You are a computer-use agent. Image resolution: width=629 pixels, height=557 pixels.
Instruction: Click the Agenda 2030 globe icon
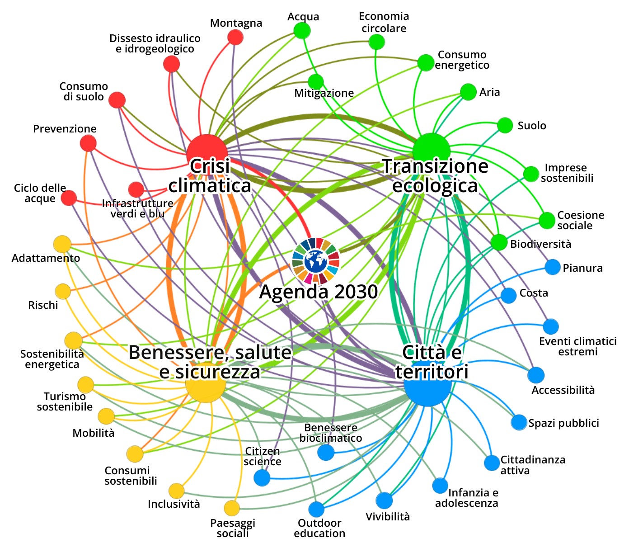(316, 260)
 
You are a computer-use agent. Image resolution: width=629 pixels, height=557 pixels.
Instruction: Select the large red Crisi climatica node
(207, 154)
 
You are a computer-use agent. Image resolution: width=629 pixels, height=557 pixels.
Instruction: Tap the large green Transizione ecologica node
(431, 151)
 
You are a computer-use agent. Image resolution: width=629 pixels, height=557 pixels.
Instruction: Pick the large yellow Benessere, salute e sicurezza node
(206, 382)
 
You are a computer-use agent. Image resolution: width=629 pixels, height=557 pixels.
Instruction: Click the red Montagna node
(235, 38)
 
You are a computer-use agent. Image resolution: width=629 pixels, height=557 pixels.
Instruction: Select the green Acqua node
(302, 31)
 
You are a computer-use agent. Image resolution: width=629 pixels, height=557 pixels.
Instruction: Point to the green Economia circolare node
(376, 42)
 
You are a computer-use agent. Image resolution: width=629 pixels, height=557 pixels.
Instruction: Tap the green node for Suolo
(505, 126)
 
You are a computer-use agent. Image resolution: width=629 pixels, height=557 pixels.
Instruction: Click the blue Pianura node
(553, 267)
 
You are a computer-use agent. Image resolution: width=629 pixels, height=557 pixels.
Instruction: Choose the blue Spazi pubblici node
(519, 422)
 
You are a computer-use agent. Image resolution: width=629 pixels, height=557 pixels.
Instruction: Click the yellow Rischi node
(63, 292)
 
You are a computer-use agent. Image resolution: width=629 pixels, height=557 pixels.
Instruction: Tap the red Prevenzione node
(88, 143)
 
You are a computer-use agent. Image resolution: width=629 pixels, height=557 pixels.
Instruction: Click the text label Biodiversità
(540, 244)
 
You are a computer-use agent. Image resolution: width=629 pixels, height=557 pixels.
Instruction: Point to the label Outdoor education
(319, 528)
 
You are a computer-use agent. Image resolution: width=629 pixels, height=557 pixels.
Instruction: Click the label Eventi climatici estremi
(578, 346)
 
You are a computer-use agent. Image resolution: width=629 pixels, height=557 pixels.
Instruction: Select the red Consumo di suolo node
(117, 100)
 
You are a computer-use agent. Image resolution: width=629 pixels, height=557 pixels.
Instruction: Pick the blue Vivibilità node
(384, 500)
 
